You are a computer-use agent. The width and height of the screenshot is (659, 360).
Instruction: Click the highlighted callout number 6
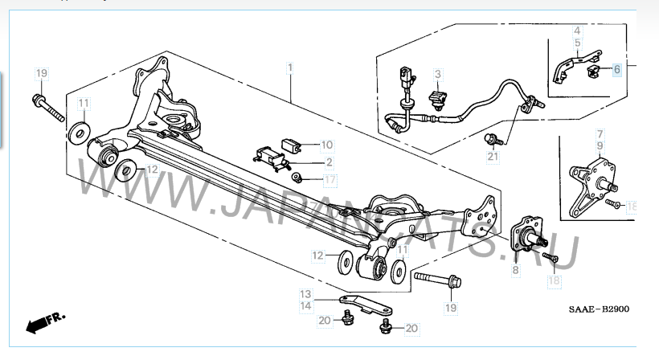(x=616, y=69)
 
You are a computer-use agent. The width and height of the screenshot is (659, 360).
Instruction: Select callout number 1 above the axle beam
(x=290, y=67)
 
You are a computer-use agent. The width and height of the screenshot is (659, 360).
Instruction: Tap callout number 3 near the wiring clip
(x=438, y=75)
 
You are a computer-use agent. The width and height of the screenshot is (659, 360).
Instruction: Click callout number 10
(x=326, y=145)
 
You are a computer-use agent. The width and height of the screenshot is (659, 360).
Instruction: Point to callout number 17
(x=330, y=180)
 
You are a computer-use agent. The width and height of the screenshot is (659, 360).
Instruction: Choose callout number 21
(x=493, y=157)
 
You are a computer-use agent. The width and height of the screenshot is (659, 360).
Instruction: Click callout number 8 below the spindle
(x=516, y=270)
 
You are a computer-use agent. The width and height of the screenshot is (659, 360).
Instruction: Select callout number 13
(x=305, y=294)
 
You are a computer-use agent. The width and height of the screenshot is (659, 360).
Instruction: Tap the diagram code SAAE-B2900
(x=599, y=309)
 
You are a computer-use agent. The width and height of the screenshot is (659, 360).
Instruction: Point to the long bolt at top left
(x=48, y=108)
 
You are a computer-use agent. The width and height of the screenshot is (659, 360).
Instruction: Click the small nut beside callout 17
(x=297, y=177)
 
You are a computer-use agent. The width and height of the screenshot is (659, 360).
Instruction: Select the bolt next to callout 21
(x=493, y=139)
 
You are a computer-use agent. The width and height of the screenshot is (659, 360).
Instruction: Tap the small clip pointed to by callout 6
(x=592, y=72)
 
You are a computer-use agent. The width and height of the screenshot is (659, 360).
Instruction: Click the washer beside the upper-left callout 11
(x=78, y=131)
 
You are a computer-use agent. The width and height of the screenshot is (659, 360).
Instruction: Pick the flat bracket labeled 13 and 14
(x=366, y=305)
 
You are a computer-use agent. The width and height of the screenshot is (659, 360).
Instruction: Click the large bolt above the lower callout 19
(x=437, y=279)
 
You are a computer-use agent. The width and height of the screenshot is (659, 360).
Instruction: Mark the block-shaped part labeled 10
(x=291, y=145)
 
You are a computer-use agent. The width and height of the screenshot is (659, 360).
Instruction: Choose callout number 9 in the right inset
(x=600, y=146)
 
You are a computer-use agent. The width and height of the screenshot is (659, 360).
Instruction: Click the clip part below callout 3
(x=437, y=100)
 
